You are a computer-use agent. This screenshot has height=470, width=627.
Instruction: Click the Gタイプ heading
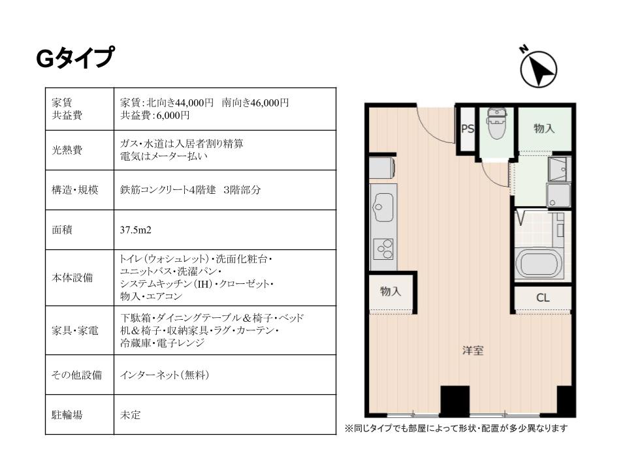(75, 58)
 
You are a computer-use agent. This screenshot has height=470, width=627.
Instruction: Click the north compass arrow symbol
(538, 69)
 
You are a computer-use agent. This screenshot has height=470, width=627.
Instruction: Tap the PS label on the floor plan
(468, 129)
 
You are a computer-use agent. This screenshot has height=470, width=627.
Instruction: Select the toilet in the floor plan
(496, 123)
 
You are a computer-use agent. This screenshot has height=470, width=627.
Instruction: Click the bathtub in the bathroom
(539, 263)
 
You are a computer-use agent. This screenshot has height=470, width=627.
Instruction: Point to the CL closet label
(543, 298)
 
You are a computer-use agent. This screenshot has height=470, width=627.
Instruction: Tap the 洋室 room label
(473, 351)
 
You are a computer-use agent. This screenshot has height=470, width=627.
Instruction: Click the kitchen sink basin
(383, 207)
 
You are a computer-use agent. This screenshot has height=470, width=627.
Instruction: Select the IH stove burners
(383, 249)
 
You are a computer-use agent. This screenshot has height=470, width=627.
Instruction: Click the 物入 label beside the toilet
(544, 129)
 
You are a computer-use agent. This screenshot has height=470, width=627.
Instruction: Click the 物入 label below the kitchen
(391, 291)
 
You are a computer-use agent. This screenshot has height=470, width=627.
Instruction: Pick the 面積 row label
(62, 230)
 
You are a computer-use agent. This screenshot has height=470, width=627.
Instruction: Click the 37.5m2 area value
(136, 230)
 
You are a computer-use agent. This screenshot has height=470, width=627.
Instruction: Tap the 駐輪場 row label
(67, 415)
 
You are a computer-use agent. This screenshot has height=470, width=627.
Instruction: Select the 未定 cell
(131, 415)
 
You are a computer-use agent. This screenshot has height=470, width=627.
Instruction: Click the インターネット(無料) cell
(165, 375)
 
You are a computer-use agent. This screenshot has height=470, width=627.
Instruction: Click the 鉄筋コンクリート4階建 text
(168, 190)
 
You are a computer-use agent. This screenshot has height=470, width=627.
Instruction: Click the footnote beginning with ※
(457, 428)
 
